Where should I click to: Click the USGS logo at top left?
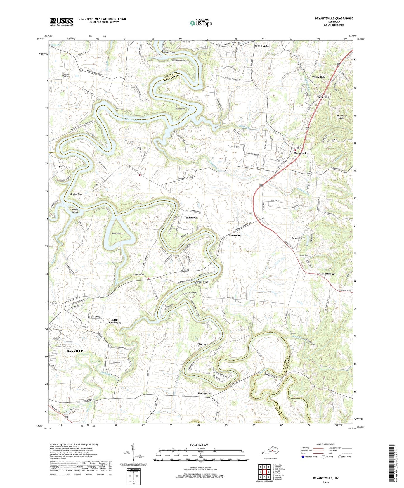(62, 22)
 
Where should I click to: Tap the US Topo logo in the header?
(201, 23)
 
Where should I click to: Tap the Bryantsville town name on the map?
(301, 153)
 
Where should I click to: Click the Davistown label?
(191, 217)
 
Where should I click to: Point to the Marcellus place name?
(235, 236)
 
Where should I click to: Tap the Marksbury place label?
(329, 274)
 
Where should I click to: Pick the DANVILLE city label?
(75, 351)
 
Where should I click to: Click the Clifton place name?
(202, 344)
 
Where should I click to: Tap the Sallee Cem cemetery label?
(181, 109)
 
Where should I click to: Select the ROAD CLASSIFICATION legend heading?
(326, 444)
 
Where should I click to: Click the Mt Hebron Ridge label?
(338, 117)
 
